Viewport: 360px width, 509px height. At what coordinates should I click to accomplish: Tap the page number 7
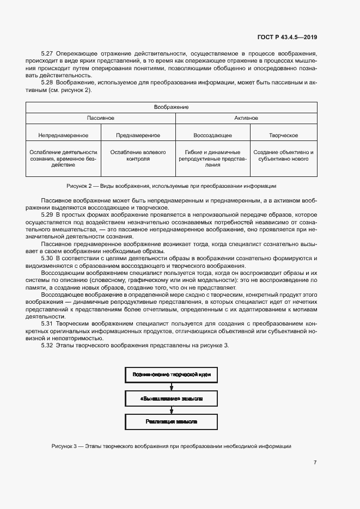point(315,463)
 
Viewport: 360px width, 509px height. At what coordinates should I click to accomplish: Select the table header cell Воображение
point(172,107)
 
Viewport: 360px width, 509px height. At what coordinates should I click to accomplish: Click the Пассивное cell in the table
point(100,118)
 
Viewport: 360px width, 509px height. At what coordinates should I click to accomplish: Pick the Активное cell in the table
point(246,118)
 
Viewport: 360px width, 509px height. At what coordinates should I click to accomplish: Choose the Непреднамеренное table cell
point(63,135)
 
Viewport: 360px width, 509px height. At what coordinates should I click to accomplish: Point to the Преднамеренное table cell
point(138,135)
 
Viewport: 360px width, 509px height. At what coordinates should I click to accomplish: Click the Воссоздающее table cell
point(212,135)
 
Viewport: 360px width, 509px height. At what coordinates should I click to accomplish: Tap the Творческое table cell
point(283,135)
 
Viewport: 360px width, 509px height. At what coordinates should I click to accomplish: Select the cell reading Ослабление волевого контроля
point(138,156)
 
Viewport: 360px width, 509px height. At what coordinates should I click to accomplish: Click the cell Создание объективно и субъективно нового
point(283,156)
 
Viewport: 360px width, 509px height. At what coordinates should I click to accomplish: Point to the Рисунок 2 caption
point(171,186)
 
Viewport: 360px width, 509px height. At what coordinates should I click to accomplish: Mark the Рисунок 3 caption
point(171,446)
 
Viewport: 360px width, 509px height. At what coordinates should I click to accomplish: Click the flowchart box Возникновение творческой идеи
point(171,375)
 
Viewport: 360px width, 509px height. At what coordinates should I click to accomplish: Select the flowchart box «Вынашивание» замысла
point(171,398)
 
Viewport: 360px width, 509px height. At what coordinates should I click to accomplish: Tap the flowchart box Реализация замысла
point(171,422)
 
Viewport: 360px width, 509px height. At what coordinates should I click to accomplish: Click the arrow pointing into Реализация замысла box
point(171,410)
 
